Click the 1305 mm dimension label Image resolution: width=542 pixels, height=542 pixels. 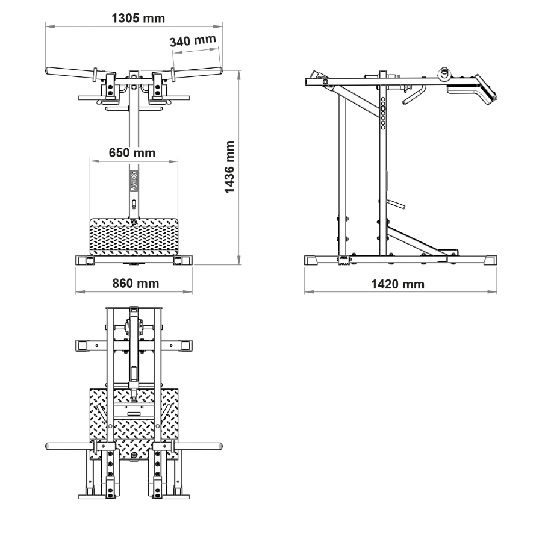coord(139,18)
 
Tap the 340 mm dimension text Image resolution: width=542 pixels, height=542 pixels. coord(193,40)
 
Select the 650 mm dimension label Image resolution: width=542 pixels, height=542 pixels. coord(132,152)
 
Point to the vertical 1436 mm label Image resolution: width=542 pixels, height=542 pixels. coord(229,167)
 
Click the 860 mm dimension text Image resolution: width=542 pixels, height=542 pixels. coord(135,284)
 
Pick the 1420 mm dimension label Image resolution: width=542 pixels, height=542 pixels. coord(397,284)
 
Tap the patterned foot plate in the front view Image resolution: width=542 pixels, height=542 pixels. coord(134,237)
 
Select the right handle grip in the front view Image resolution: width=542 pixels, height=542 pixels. coord(198,72)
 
